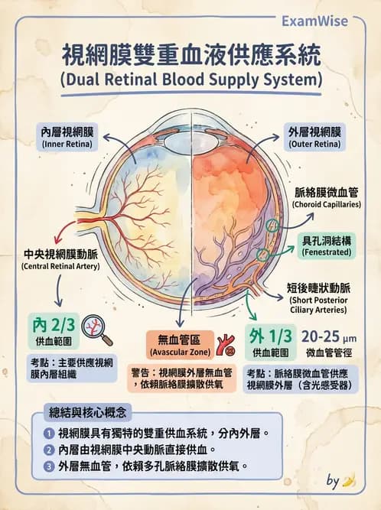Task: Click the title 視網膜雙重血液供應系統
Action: point(190,56)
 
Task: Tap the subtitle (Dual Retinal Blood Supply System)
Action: point(190,79)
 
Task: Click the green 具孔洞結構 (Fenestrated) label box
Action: point(327,245)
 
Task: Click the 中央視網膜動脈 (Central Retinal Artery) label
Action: point(54,258)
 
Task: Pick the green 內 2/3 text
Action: point(53,323)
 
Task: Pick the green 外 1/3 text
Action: point(269,336)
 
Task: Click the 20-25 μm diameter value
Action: point(329,336)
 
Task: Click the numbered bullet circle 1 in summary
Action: point(49,434)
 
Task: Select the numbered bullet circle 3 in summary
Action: point(49,466)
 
